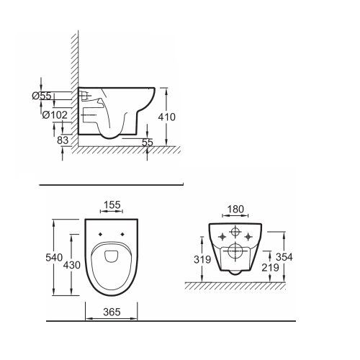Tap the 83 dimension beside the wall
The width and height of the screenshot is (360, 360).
[63, 140]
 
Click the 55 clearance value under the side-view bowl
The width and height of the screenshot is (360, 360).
[148, 143]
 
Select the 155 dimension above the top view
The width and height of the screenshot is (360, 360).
[112, 205]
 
